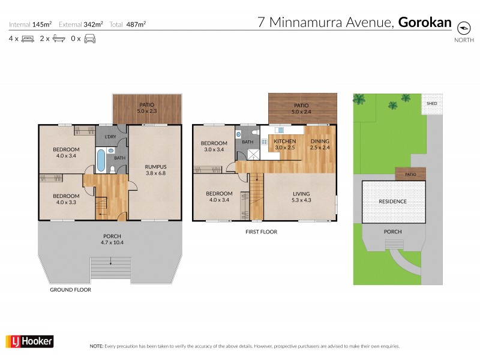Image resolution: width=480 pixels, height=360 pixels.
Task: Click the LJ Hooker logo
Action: point(29,341)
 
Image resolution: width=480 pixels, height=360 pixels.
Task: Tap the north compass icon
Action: point(463,28)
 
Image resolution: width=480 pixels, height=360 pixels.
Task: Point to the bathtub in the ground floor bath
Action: point(101,160)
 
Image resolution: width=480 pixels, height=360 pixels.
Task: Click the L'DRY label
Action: point(110,137)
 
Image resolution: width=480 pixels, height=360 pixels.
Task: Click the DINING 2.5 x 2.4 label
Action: point(320,145)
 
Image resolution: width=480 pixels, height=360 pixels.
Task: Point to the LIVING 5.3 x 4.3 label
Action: point(300,197)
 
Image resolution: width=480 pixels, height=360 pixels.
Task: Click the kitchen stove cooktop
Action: point(263,143)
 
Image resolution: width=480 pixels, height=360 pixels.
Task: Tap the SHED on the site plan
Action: point(431,103)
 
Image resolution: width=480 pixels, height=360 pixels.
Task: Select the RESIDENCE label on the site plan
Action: point(393,202)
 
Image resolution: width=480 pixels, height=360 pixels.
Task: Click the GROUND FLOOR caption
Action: point(71,289)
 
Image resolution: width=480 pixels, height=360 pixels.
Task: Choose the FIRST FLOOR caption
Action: point(260,231)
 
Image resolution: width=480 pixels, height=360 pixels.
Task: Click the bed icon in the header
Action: point(28,39)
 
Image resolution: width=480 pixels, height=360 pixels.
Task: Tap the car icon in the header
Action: point(89,39)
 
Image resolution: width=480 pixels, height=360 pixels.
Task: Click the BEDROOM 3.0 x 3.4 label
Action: point(214,146)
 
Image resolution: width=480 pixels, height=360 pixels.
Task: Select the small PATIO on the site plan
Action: point(410,174)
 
